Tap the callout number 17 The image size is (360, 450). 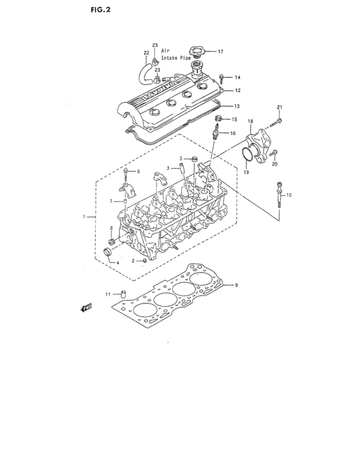pos(220,51)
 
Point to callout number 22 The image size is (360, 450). pos(146,53)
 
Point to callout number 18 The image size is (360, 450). pos(251,121)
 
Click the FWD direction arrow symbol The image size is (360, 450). pos(84,308)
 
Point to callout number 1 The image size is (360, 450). pos(84,217)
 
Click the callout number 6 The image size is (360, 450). pos(138,172)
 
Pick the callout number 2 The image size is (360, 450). pos(133,261)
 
